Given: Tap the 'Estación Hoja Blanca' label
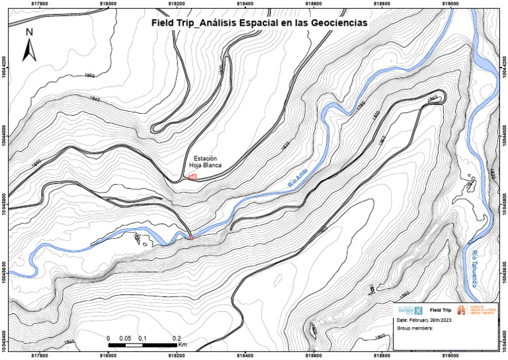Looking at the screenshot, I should [x=205, y=162].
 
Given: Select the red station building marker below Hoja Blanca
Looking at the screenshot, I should [x=193, y=177].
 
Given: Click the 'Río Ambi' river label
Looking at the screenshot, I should [x=299, y=179].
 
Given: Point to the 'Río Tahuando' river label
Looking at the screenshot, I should [x=475, y=268].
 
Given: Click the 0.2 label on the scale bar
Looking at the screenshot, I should [x=177, y=337].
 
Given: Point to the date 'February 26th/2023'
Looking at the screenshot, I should [x=424, y=320].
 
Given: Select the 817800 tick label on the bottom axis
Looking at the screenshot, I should [x=40, y=356].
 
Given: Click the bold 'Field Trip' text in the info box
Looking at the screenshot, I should [x=441, y=310].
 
